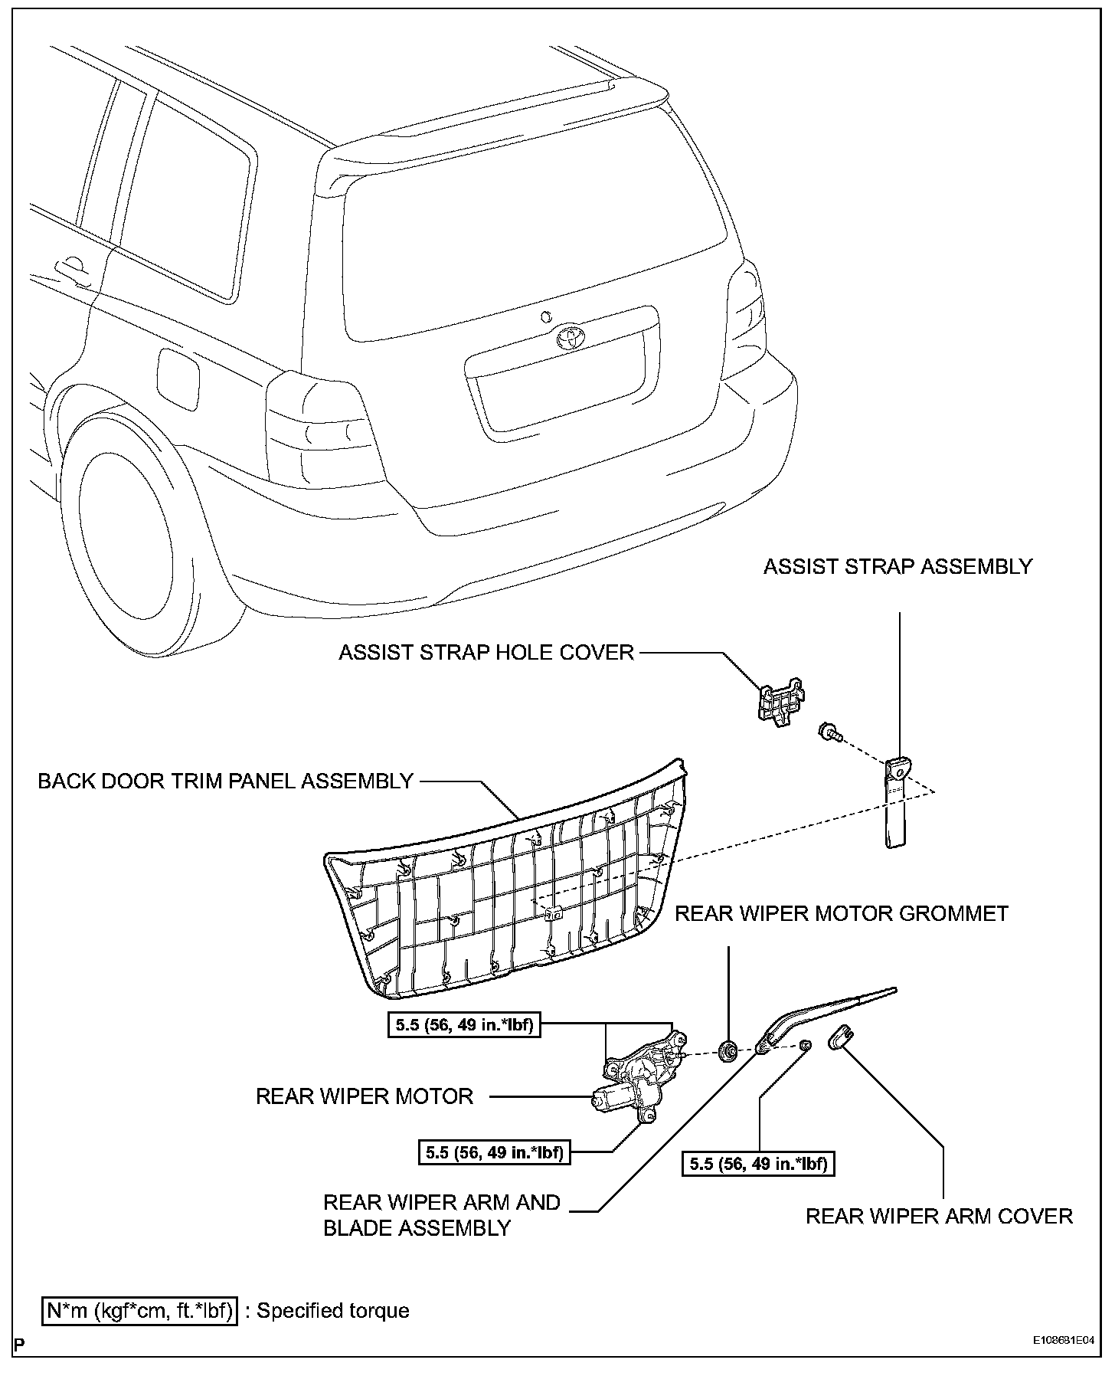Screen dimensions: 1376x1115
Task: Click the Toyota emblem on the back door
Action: [570, 336]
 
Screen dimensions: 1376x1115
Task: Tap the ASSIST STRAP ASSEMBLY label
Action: [898, 566]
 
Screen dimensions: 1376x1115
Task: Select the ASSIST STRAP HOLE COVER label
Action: [486, 652]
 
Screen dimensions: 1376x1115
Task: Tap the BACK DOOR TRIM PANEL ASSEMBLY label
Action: [225, 781]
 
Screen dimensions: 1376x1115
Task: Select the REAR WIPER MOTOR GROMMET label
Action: [841, 913]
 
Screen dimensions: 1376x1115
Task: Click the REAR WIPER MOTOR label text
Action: [365, 1096]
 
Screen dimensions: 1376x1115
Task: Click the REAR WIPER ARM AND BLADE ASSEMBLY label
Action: [441, 1215]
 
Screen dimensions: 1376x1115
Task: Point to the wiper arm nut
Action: [805, 1046]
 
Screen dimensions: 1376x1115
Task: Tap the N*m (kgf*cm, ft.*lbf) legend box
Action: [140, 1310]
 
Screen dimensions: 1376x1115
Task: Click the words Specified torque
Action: [332, 1310]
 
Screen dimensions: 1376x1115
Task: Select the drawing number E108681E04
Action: [1061, 1342]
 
